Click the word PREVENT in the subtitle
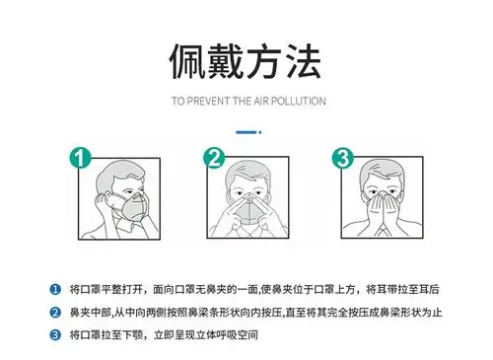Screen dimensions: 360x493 tap(210, 101)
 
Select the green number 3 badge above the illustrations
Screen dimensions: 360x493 tap(342, 158)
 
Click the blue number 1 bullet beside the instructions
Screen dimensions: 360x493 tap(54, 288)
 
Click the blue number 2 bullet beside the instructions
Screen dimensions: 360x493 tap(54, 312)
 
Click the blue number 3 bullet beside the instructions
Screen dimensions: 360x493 tap(54, 335)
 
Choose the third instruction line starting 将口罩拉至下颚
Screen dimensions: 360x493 tap(164, 335)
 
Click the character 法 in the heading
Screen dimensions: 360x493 tap(303, 61)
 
